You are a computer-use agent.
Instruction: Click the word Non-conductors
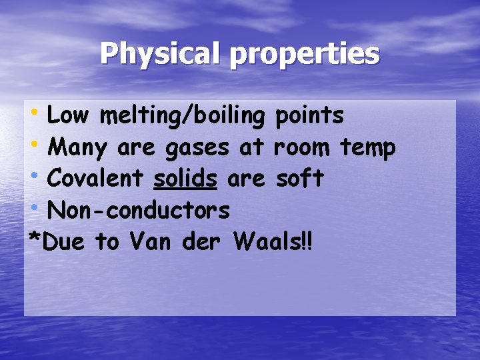[x=139, y=211]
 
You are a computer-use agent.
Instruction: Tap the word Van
[x=151, y=243]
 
